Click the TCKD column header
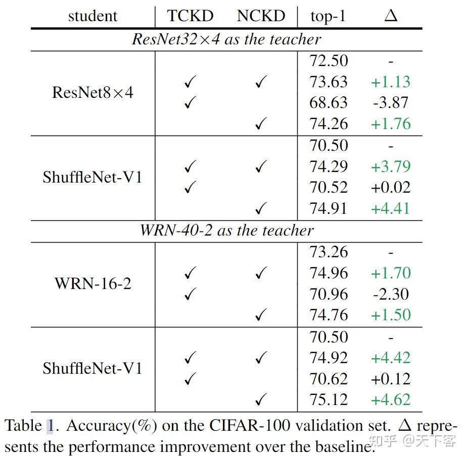pyautogui.click(x=190, y=16)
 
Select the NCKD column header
pyautogui.click(x=261, y=16)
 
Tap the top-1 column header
pyautogui.click(x=328, y=17)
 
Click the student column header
pyautogui.click(x=92, y=16)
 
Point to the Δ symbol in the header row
pyautogui.click(x=391, y=16)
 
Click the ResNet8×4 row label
pyautogui.click(x=92, y=93)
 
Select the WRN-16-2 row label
pyautogui.click(x=92, y=283)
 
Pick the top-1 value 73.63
pyautogui.click(x=329, y=82)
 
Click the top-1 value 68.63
pyautogui.click(x=329, y=103)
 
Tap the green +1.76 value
pyautogui.click(x=391, y=124)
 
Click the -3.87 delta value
pyautogui.click(x=391, y=103)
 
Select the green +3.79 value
pyautogui.click(x=391, y=166)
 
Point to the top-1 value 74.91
pyautogui.click(x=329, y=209)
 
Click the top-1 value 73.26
pyautogui.click(x=329, y=252)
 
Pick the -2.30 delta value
pyautogui.click(x=391, y=294)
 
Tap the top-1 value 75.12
pyautogui.click(x=329, y=400)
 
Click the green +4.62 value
pyautogui.click(x=391, y=400)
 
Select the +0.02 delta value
pyautogui.click(x=391, y=188)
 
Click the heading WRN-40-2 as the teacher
pyautogui.click(x=226, y=231)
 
